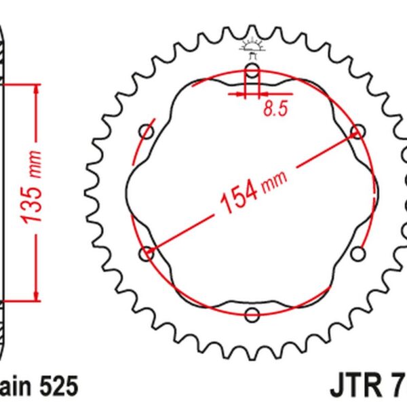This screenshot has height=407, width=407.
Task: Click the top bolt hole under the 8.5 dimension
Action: [x=252, y=71]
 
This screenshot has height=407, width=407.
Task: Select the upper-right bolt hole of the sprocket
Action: [x=357, y=131]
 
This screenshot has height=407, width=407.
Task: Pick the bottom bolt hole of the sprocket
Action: [x=252, y=314]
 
